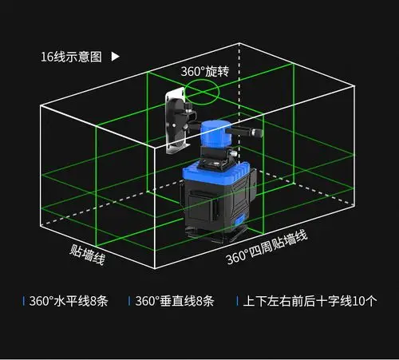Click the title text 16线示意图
coord(71,57)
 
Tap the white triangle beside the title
coord(116,57)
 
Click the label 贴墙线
coord(85,255)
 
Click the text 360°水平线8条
coord(69,302)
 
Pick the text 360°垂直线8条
coord(175,302)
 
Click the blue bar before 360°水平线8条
coord(23,302)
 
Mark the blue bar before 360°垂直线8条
coord(129,302)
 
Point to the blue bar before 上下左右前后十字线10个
coord(236,302)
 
